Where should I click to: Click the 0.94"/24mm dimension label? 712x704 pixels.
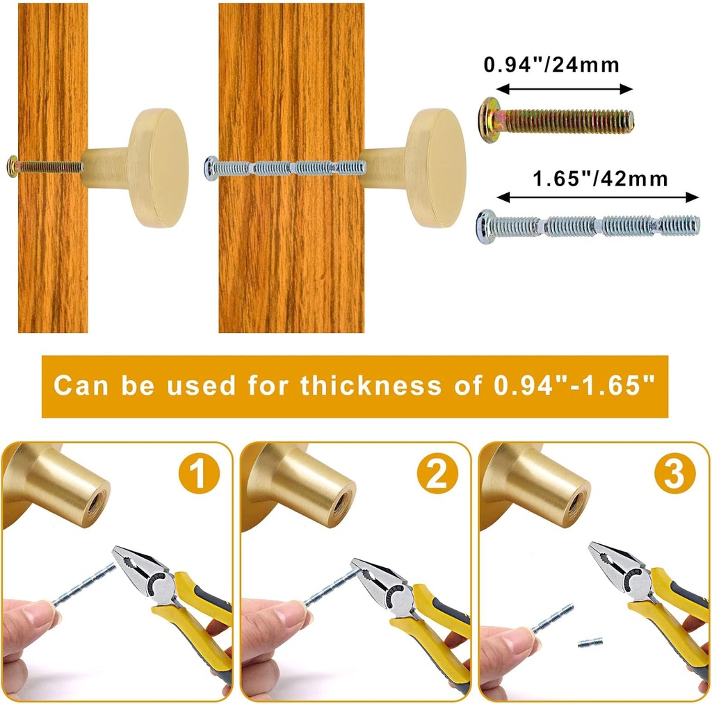(551, 65)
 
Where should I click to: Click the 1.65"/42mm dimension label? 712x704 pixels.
(599, 179)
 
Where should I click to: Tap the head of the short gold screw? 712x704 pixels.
(489, 120)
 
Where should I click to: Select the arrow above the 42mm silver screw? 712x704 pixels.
(599, 197)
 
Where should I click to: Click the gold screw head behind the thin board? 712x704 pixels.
(12, 166)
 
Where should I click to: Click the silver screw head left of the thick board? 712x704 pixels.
(209, 167)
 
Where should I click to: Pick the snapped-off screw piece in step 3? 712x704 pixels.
(590, 643)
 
